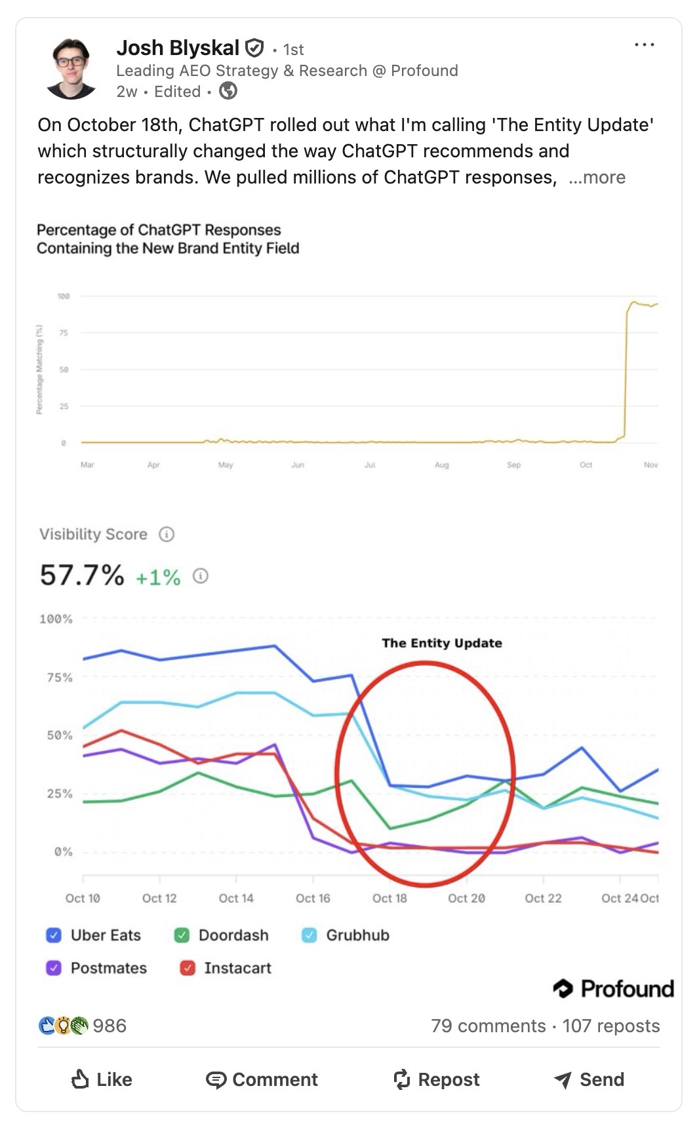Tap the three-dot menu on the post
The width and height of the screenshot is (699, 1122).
click(x=644, y=45)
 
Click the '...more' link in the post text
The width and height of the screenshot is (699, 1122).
click(x=597, y=178)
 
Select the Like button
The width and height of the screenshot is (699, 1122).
click(x=102, y=1079)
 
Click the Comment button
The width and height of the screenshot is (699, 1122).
click(x=262, y=1079)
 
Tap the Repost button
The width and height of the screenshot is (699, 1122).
click(x=436, y=1079)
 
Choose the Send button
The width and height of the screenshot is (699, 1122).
click(x=589, y=1079)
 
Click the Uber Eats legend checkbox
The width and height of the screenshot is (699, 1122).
click(x=54, y=935)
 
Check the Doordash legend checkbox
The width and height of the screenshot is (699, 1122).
click(x=182, y=935)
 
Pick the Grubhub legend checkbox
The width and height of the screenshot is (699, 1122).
click(x=309, y=935)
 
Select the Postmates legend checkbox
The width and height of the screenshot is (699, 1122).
click(x=54, y=968)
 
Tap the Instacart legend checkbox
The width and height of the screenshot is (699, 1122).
click(x=188, y=968)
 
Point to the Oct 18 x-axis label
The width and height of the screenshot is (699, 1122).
click(x=389, y=898)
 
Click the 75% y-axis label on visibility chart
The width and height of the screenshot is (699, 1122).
click(x=60, y=678)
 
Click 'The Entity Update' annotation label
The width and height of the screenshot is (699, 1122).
click(x=442, y=643)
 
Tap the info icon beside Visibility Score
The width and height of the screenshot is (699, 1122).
click(x=167, y=534)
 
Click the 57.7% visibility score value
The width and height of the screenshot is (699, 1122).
click(x=82, y=575)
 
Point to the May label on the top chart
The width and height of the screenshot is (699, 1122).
click(x=226, y=465)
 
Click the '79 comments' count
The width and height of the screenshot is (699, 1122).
click(x=488, y=1026)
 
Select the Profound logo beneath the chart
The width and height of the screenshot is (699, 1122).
click(x=613, y=988)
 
